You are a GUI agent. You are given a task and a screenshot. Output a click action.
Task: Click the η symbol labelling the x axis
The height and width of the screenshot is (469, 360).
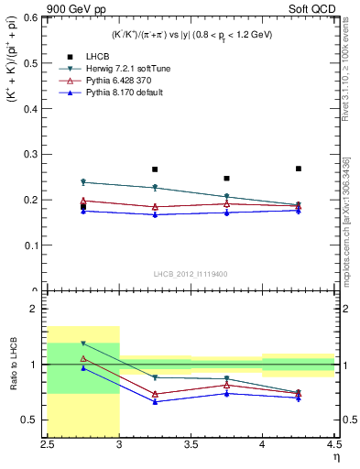tap(334, 457)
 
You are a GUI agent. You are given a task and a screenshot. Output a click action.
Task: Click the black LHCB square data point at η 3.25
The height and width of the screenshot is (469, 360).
tap(155, 169)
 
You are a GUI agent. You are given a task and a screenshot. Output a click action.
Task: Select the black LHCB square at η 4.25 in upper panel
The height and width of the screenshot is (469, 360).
tap(299, 169)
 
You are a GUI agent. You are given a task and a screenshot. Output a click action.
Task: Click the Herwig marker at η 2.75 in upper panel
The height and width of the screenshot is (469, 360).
tap(83, 182)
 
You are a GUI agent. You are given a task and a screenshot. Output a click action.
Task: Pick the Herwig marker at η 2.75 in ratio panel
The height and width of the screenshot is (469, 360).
tap(83, 344)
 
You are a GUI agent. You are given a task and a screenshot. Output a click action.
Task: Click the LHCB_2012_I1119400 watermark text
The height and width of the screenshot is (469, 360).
tap(191, 274)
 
